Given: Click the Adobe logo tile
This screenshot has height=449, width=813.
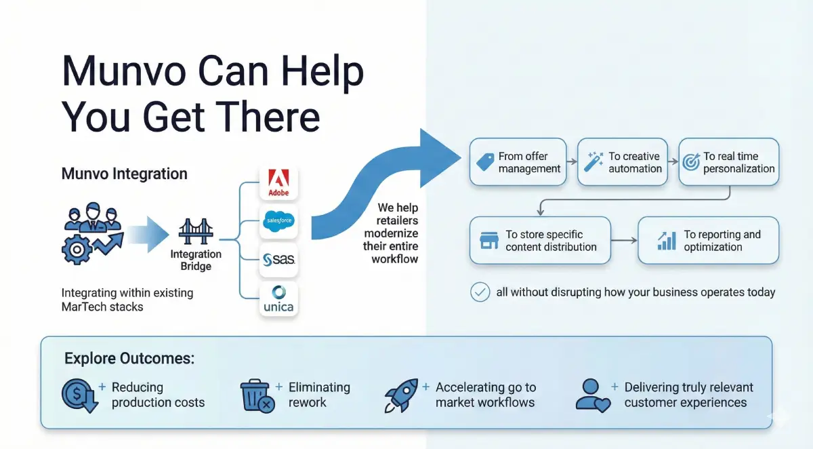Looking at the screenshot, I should pos(278,182).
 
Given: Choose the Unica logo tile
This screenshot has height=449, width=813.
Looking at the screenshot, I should pos(278,298).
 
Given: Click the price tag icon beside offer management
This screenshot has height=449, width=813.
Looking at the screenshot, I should pos(485,163).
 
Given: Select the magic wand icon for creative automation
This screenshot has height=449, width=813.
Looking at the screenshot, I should pos(593,162).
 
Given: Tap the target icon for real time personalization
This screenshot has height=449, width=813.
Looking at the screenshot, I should pos(691,163).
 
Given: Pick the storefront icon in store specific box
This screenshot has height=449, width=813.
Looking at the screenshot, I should pos(488,241).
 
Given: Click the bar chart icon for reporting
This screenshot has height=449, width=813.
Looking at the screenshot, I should pos(667,241).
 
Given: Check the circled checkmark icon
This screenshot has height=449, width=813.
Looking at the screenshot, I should pos(480,292).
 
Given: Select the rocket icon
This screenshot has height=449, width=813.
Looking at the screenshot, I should pos(400,395).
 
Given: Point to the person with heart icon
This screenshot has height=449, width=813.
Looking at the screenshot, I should pos(591,395).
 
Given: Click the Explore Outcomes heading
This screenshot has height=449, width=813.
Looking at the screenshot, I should pos(129,357).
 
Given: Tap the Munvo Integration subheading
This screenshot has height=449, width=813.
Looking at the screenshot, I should pos(125,174).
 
